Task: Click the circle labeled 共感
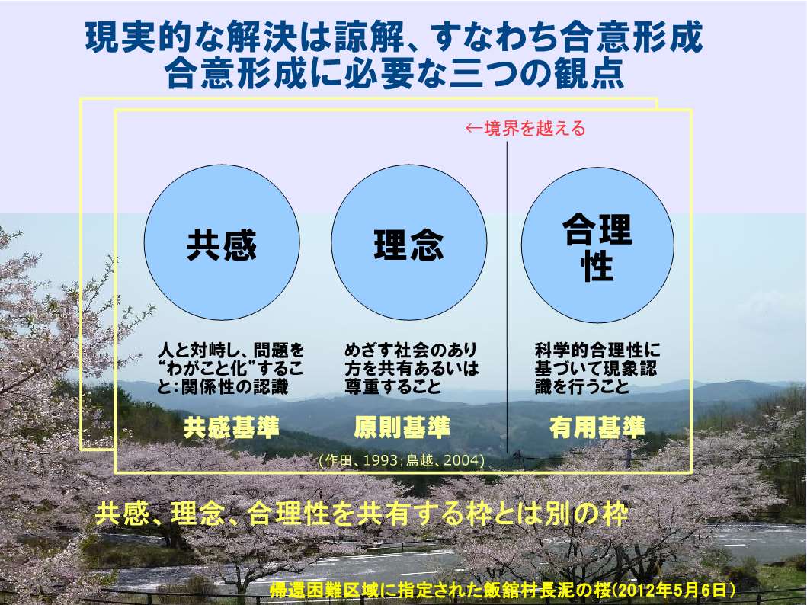(222, 242)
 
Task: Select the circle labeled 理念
(409, 242)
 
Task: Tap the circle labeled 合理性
(597, 245)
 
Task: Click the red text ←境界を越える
(526, 128)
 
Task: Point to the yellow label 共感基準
(232, 427)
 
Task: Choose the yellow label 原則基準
(402, 427)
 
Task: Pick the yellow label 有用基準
(597, 427)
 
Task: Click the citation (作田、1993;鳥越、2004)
(402, 460)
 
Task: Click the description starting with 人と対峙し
(231, 368)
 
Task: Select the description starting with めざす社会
(412, 368)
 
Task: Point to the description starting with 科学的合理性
(597, 368)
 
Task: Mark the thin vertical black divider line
(507, 297)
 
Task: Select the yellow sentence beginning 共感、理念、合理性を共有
(361, 514)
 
